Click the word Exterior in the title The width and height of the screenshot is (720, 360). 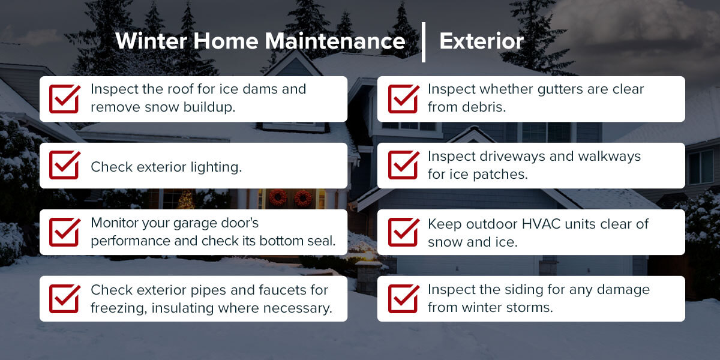point(481,41)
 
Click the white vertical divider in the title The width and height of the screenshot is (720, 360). point(424,42)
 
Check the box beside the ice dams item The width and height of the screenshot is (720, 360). point(64,98)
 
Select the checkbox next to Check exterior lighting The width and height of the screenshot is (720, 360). point(64,165)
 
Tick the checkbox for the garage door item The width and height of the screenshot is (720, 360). point(64,232)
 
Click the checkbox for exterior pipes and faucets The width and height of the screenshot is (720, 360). point(64,298)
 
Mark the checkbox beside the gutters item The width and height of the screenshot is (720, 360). point(403,98)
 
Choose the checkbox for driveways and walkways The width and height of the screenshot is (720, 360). point(403,165)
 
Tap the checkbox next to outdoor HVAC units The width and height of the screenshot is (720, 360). point(403,232)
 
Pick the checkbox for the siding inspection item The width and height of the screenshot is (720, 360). point(403,298)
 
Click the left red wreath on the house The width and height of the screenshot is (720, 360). point(278,197)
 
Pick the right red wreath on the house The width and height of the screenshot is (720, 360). point(303,197)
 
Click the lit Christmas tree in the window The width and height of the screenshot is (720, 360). point(186,200)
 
